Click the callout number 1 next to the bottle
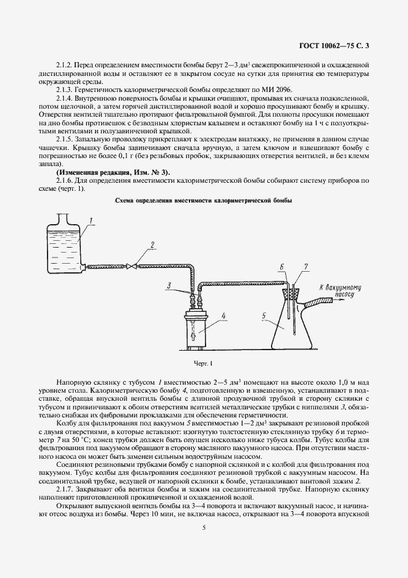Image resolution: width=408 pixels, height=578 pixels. tap(90, 220)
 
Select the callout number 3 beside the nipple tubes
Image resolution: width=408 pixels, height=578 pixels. tap(167, 285)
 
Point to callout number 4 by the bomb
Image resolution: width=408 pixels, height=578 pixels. tap(224, 316)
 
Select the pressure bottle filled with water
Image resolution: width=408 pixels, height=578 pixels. tap(64, 247)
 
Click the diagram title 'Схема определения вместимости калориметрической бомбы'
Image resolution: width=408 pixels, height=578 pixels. tap(204, 201)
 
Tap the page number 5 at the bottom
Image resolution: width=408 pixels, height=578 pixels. tap(204, 527)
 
